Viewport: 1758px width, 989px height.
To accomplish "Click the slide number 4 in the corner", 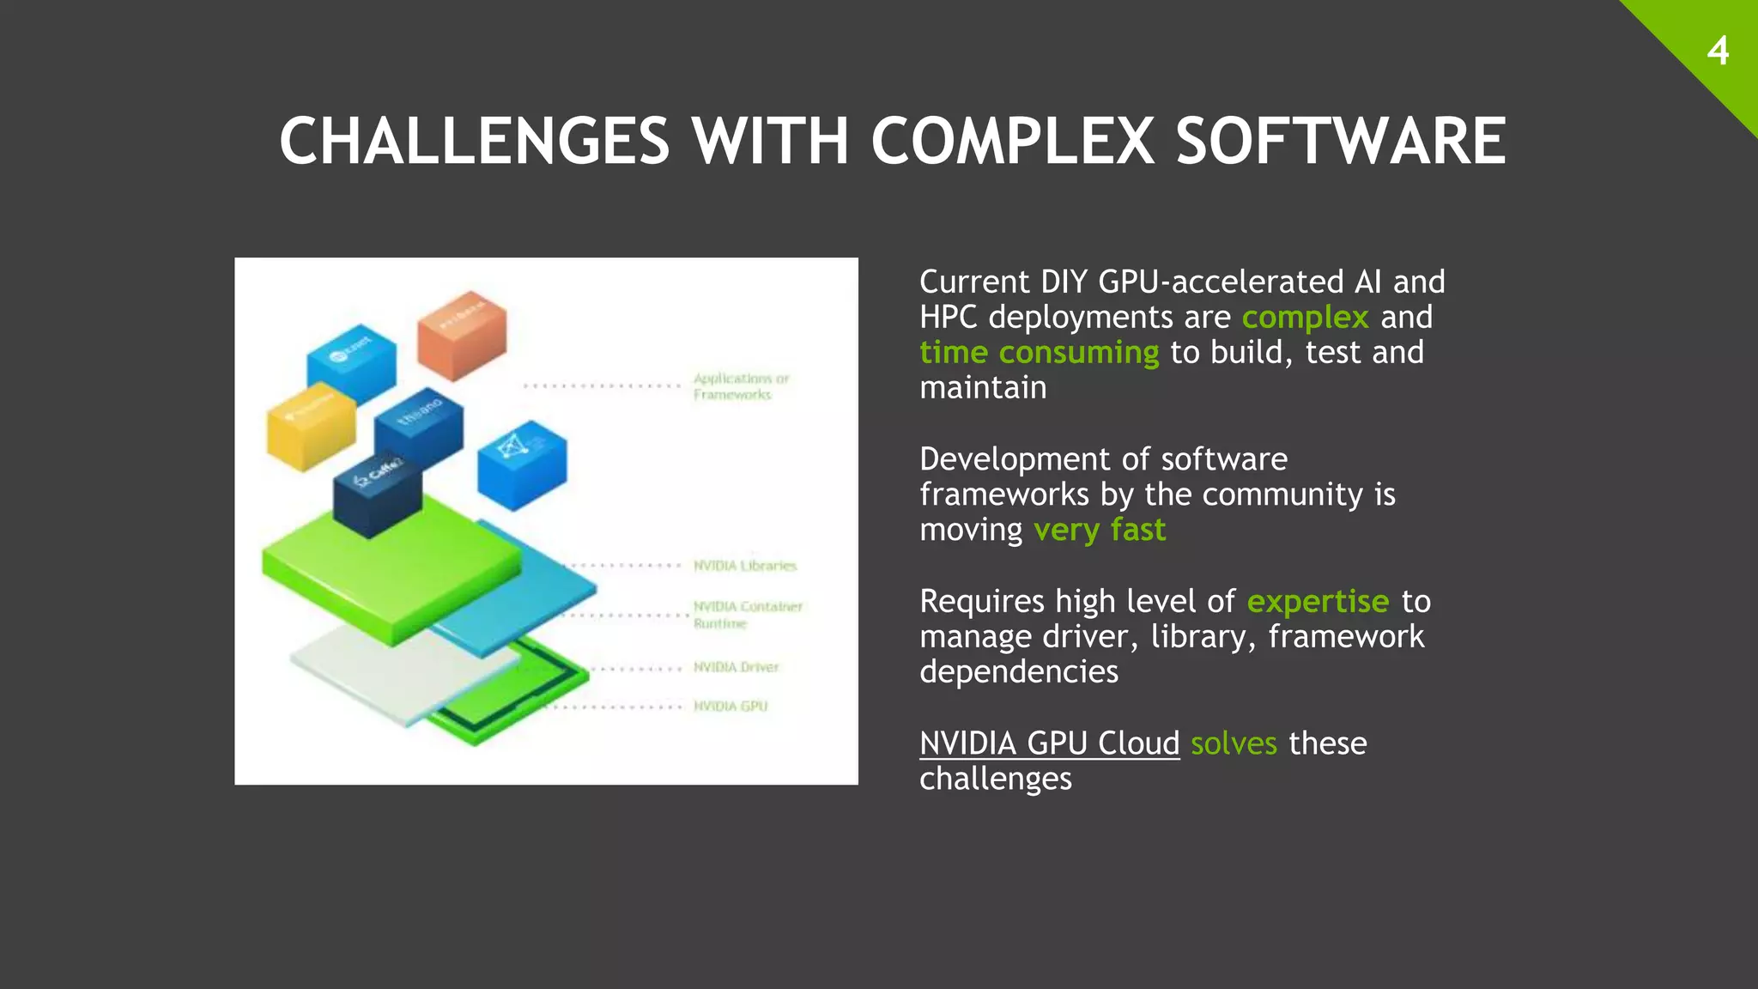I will point(1718,52).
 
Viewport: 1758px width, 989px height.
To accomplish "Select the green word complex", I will point(1305,318).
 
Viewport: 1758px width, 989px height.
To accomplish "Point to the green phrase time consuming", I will point(1039,353).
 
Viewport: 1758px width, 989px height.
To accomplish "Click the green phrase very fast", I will point(1099,531).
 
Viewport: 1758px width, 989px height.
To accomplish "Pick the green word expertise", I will point(1317,602).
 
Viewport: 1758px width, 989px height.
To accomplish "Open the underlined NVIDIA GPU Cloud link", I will point(1049,743).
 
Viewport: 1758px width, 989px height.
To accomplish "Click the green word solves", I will point(1234,743).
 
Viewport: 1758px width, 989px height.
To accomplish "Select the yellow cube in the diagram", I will point(311,428).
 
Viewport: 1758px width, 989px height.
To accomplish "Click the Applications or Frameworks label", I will point(740,386).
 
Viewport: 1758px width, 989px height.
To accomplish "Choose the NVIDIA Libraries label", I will point(745,566).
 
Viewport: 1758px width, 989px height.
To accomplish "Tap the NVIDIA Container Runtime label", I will point(747,615).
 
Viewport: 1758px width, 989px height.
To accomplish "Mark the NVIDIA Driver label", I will point(736,667).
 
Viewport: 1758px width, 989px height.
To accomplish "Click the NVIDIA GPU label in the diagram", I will point(730,707).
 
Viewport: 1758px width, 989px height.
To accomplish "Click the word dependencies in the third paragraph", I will point(1019,672).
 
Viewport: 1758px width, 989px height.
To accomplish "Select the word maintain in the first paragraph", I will point(983,388).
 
